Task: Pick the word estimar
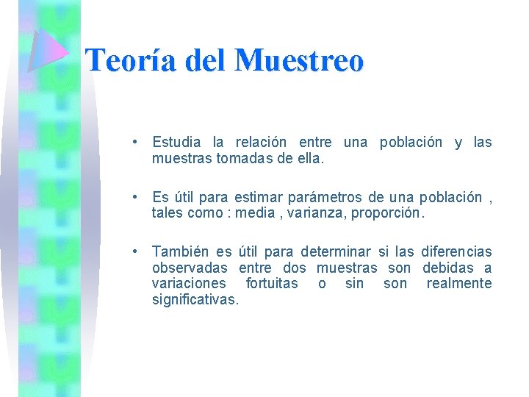(260, 197)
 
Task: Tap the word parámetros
(328, 197)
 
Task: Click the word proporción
(388, 212)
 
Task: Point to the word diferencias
(456, 252)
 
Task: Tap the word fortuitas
(272, 284)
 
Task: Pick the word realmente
(459, 284)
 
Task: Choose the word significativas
(195, 299)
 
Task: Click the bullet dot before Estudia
(137, 141)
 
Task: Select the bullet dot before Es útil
(137, 196)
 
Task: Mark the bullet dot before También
(137, 251)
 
